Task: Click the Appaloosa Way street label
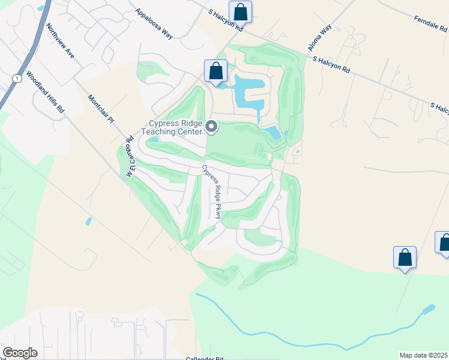154,24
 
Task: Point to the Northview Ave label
60,41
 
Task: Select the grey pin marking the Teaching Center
211,126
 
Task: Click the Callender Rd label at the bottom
203,358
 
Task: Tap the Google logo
20,353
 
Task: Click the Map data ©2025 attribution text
423,355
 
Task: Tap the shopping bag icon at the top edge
240,11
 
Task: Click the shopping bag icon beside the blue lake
216,71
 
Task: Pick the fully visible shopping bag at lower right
405,257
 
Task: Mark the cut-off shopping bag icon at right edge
444,243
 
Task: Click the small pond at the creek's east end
428,310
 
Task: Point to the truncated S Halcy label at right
439,107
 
